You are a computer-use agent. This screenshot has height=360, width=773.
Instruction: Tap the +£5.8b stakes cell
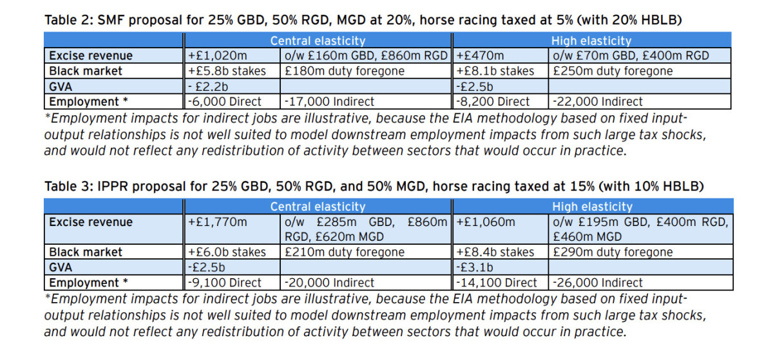pyautogui.click(x=227, y=71)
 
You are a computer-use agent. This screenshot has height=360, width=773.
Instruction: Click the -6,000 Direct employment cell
pyautogui.click(x=225, y=102)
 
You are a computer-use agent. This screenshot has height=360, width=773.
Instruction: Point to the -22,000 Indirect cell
pyautogui.click(x=598, y=102)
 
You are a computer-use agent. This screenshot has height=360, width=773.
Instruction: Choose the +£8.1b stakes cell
pyautogui.click(x=495, y=71)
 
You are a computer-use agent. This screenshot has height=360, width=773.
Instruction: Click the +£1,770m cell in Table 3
pyautogui.click(x=217, y=223)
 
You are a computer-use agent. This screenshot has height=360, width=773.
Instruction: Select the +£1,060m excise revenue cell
pyautogui.click(x=486, y=223)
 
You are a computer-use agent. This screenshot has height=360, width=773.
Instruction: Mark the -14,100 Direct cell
pyautogui.click(x=497, y=283)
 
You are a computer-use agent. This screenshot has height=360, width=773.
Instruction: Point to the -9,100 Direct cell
pyautogui.click(x=225, y=283)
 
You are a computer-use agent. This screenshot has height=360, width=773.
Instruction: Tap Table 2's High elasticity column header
pyautogui.click(x=591, y=41)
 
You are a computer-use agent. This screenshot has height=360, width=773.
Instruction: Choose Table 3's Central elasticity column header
pyautogui.click(x=318, y=207)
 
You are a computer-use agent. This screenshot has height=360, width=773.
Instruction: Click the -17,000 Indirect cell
pyautogui.click(x=329, y=102)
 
